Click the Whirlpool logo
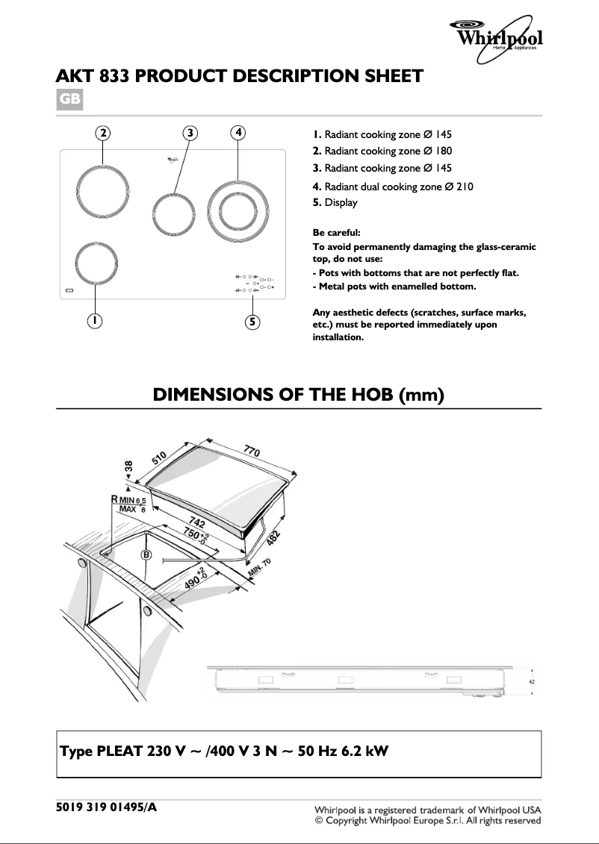[496, 38]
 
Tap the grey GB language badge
[69, 99]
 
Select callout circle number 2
[103, 133]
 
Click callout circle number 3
[190, 133]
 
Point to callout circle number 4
[238, 132]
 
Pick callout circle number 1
[95, 321]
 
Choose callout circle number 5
[252, 322]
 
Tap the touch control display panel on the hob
[255, 284]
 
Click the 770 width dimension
[252, 449]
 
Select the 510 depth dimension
[159, 457]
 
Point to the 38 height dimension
[128, 466]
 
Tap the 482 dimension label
[274, 538]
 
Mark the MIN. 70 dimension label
[260, 568]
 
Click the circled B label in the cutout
[146, 555]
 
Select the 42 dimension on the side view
[533, 681]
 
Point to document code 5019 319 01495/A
[107, 807]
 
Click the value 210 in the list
[465, 187]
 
